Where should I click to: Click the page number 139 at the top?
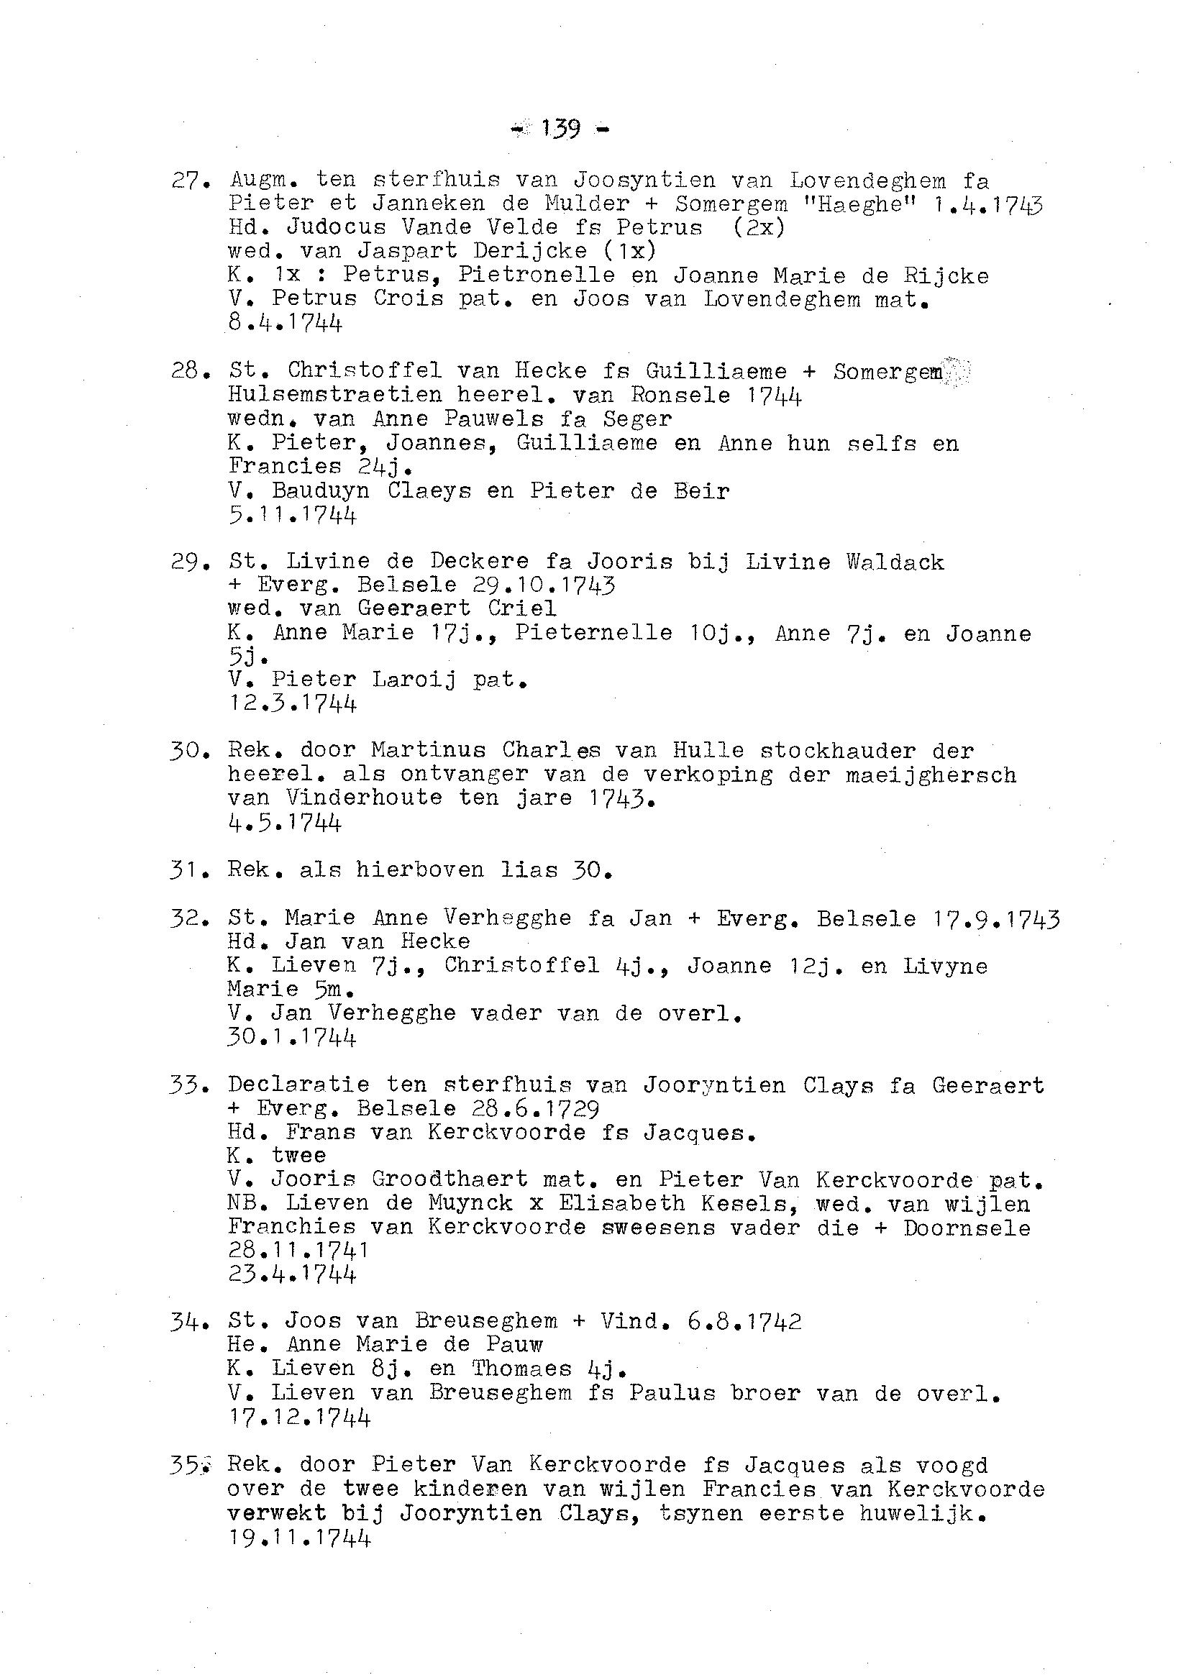560,129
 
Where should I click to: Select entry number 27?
186,180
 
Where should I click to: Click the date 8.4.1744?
285,323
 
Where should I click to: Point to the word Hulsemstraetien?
334,396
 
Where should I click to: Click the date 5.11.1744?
292,515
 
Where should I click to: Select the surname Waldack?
895,562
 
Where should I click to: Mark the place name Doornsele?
967,1228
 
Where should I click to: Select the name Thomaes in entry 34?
521,1369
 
